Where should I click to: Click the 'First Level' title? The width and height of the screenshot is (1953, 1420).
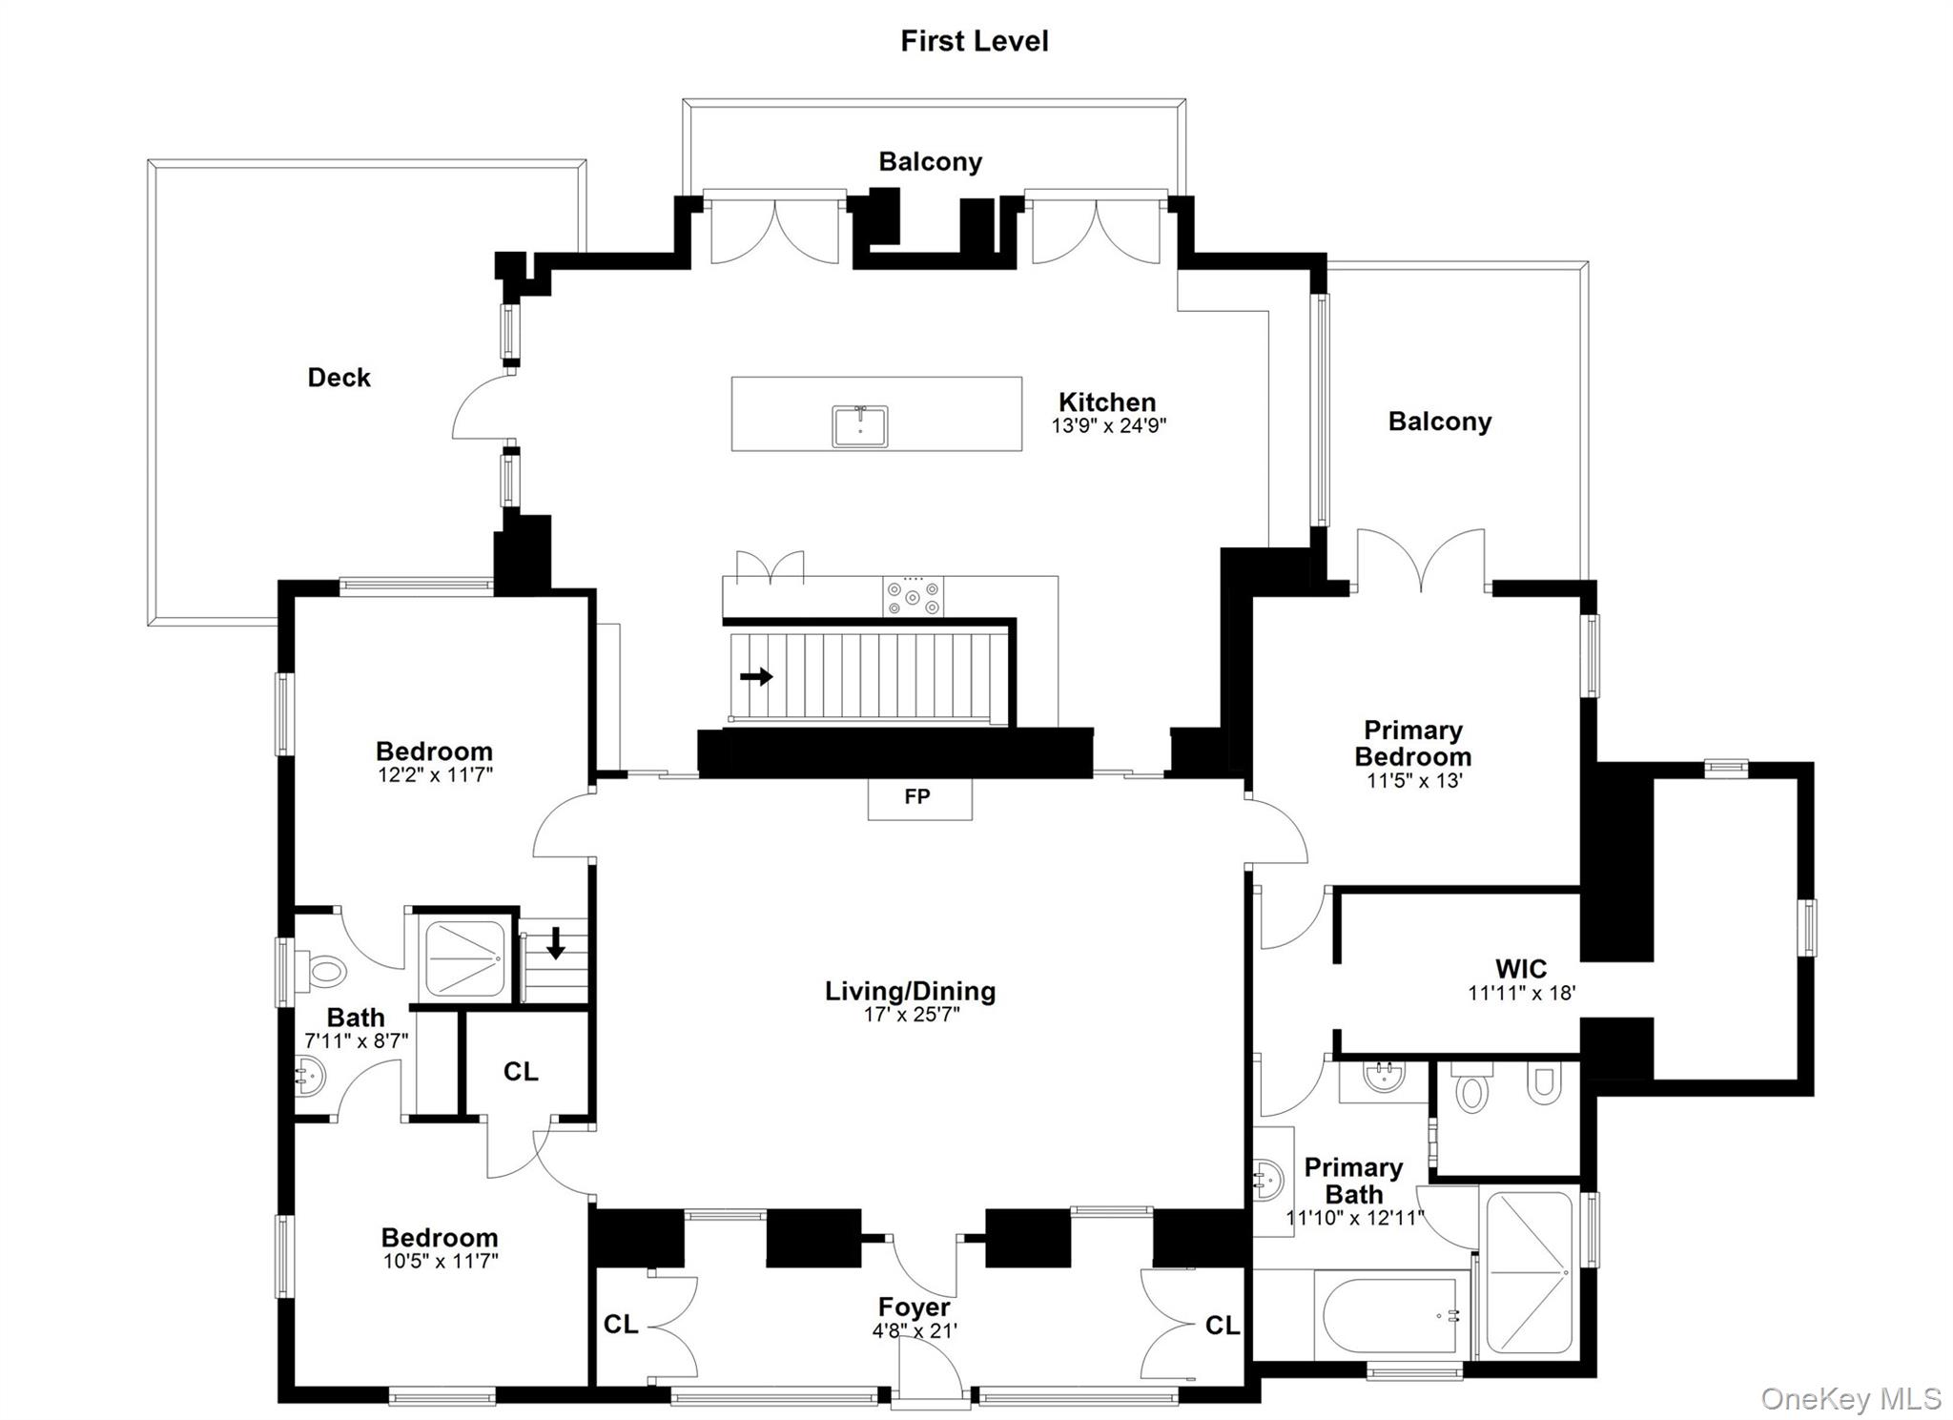pos(974,41)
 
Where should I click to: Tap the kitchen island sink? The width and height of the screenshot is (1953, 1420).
pos(859,425)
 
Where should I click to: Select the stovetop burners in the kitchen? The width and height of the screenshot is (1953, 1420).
pos(913,597)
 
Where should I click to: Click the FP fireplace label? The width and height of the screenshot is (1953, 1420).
pos(917,796)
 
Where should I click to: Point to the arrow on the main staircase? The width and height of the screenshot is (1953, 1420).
pos(756,677)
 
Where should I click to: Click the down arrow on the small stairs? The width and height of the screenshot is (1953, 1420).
pos(556,944)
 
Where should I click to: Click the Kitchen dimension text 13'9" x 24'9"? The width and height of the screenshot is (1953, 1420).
pos(1108,426)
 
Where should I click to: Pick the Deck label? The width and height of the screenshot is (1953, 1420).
pos(339,378)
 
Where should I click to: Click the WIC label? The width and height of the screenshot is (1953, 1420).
pos(1521,969)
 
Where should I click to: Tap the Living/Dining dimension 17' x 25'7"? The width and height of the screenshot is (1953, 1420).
pos(911,1015)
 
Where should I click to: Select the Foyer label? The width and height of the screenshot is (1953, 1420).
pos(914,1307)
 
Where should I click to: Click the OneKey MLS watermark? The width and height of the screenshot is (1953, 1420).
pos(1850,1398)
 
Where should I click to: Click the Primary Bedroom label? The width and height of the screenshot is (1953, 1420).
pos(1412,744)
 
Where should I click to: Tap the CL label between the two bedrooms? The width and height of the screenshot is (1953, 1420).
pos(521,1072)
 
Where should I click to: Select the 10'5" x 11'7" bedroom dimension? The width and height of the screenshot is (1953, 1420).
pos(440,1262)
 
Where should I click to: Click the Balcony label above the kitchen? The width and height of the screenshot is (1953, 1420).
pos(930,162)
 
